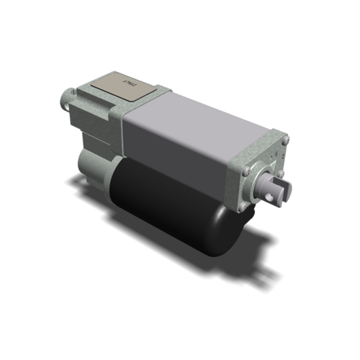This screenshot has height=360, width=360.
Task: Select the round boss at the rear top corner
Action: [x=67, y=95]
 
